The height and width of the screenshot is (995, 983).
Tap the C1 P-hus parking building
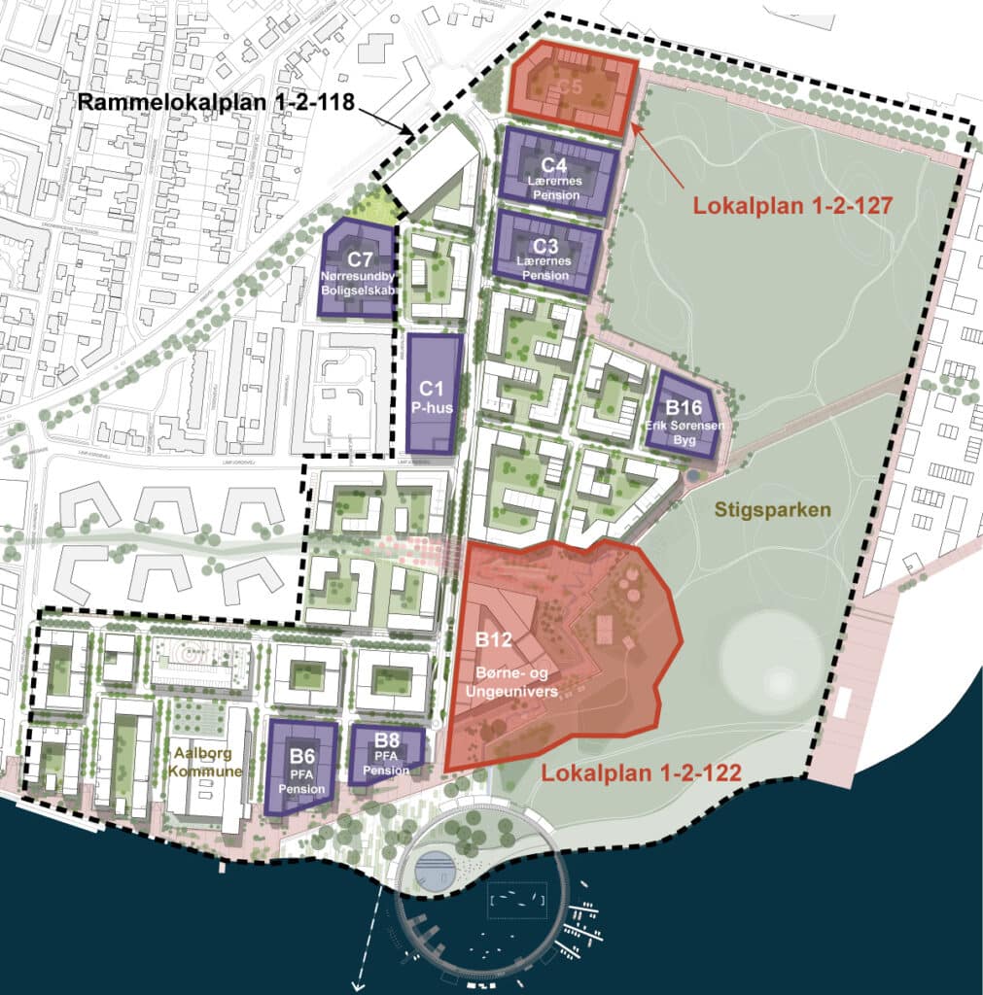click(433, 394)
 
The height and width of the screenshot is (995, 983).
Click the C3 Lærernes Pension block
click(546, 253)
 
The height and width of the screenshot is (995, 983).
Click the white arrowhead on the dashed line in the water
click(358, 986)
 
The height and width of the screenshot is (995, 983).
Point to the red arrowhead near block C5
click(635, 126)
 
